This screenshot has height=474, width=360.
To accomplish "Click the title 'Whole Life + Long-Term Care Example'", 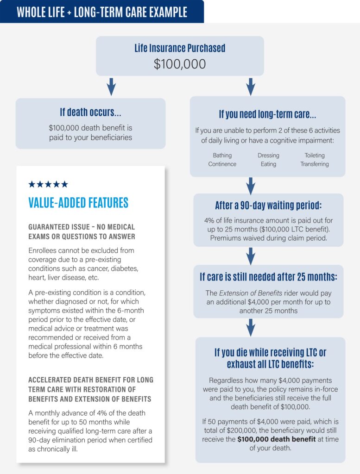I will [x=102, y=12].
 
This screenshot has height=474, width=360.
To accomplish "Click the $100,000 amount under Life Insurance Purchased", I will [x=180, y=64].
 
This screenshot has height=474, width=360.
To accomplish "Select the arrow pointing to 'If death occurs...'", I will [x=111, y=87].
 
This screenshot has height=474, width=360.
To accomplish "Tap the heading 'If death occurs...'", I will [x=90, y=112].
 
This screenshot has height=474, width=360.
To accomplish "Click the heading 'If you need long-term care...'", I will [x=267, y=114].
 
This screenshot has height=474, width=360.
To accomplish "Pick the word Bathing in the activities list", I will [x=222, y=156].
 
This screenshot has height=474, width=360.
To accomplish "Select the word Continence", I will [x=222, y=164].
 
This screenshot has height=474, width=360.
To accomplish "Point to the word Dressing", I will [x=268, y=156].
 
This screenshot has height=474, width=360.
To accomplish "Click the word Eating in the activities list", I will [x=268, y=164].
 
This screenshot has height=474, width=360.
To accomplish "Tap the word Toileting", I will [x=315, y=156].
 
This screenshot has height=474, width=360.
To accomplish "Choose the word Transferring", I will [x=315, y=164].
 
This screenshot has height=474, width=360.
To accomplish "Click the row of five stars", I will [x=48, y=184].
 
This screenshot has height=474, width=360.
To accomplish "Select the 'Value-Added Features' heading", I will [x=78, y=203].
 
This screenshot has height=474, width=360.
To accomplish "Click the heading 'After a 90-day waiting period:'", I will [x=268, y=206].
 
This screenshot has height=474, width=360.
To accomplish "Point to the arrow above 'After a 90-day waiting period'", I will [x=251, y=186].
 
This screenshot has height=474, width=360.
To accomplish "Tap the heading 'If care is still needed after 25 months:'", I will [x=268, y=277].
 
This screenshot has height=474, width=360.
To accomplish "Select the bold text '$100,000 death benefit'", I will [x=277, y=439].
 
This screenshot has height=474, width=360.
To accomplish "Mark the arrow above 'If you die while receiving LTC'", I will [x=251, y=328].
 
